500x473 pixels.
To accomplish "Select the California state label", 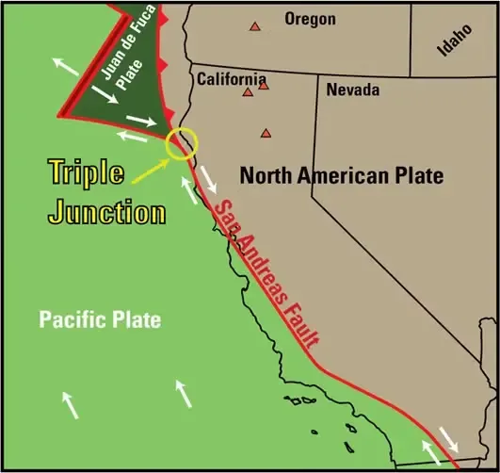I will point(232,79).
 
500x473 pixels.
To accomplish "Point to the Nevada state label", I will point(352,90).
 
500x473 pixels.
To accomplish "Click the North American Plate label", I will point(341,174).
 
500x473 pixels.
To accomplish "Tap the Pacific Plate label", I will point(100,319).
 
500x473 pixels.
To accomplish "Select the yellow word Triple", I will point(85,173).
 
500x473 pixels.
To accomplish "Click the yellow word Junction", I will point(106,210).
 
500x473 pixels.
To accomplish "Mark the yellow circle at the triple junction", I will point(182,142).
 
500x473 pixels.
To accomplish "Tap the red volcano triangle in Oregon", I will point(253,27).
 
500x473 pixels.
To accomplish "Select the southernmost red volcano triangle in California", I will point(266,133).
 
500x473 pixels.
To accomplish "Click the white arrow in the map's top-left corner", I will point(64,64).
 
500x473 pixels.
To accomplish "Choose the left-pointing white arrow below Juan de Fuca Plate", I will point(133,138).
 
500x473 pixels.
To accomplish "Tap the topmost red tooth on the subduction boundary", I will point(163,19).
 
